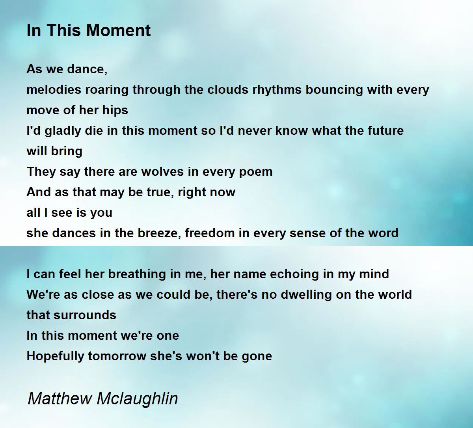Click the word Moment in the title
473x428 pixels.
119,30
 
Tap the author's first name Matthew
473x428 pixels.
60,399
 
